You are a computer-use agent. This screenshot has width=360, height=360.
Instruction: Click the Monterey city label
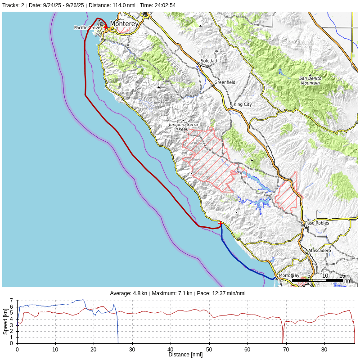[124, 23]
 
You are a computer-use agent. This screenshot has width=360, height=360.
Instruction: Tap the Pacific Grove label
[87, 28]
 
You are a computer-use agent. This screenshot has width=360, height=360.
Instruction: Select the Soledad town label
[208, 61]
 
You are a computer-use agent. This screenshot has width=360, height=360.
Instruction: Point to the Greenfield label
[225, 82]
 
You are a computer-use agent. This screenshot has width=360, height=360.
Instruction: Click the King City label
[243, 104]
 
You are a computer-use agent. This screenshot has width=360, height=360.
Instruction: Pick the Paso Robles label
[317, 223]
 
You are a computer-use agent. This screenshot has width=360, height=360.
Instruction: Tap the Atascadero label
[319, 250]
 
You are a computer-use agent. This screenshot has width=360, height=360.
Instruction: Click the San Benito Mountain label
[310, 81]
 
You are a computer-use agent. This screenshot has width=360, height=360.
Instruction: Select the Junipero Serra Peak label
[183, 127]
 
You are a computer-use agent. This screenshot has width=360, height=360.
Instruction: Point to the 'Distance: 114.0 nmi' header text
[112, 5]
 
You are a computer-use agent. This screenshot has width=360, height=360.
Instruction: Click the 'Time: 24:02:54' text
[157, 5]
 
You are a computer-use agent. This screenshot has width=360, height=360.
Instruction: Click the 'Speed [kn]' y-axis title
[5, 321]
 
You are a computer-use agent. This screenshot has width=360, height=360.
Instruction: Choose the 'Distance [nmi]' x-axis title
[185, 355]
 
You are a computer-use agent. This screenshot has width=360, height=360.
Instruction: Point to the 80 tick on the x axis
[324, 349]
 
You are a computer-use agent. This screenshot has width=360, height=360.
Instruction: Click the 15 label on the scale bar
[342, 275]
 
